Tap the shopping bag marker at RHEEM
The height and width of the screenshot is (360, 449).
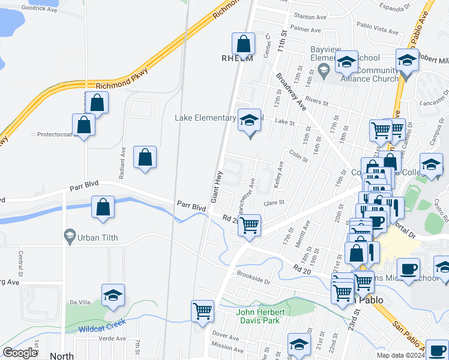pyautogui.click(x=243, y=44)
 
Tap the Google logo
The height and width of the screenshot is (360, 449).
pyautogui.click(x=20, y=353)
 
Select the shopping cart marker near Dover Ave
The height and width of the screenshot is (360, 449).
pyautogui.click(x=203, y=311)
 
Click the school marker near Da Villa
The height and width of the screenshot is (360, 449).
pyautogui.click(x=112, y=295)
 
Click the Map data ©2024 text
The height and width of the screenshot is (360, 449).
pyautogui.click(x=399, y=355)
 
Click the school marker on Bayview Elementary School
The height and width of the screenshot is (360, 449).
pyautogui.click(x=346, y=62)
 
